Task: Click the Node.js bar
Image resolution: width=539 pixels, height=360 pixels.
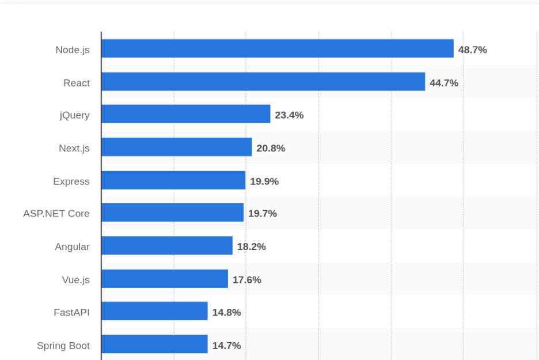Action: pos(278,49)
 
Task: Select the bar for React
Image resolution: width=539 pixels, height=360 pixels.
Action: pos(263,82)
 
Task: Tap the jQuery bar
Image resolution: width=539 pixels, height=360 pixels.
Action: pos(186,114)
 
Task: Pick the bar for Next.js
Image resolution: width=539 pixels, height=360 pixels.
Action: pos(177,147)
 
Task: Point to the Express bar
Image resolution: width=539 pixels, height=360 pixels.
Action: pos(173,180)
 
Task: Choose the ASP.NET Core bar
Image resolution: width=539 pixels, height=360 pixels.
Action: pos(173,213)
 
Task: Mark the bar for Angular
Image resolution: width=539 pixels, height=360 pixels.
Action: pos(167,246)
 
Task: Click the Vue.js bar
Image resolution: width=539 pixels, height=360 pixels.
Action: pos(165,279)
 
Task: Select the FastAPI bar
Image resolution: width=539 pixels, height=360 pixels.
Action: pos(154,312)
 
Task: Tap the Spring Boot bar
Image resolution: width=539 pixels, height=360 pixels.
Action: pos(154,344)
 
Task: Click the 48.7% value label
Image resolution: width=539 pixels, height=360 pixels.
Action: pos(472,50)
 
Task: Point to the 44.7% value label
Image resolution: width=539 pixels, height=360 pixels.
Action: pos(444,83)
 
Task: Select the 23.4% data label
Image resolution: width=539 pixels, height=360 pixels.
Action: pos(289,115)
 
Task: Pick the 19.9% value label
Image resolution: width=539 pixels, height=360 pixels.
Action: pos(264,181)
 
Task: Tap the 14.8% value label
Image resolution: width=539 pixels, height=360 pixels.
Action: pos(226,312)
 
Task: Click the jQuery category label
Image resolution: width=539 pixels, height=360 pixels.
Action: pos(75,115)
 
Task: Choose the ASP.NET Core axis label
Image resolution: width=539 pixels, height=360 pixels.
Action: pos(56,213)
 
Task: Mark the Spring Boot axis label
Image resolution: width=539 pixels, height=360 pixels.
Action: pos(63,346)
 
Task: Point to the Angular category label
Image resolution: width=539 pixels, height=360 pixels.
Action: pos(72,247)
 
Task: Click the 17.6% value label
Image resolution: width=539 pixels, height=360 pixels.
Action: pos(246,279)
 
